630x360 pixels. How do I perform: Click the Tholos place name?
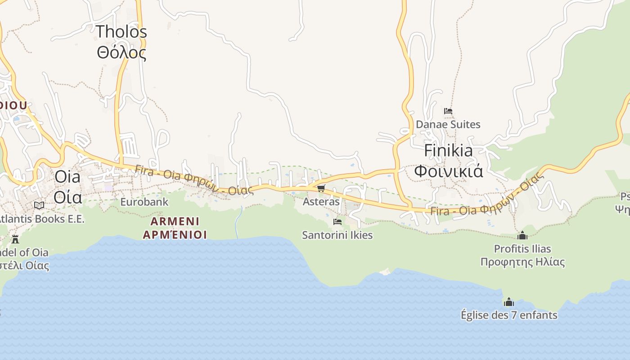121,31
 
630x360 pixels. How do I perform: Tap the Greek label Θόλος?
121,53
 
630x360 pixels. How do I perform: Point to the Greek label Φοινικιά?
448,171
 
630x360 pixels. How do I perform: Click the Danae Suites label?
448,124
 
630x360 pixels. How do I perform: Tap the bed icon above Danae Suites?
448,111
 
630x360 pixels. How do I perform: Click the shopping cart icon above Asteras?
321,188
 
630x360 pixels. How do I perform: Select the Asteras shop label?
321,202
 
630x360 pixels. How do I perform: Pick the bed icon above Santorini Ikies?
337,221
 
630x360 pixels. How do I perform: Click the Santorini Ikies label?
337,235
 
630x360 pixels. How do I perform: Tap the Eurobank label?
144,202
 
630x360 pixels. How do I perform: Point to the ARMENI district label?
175,221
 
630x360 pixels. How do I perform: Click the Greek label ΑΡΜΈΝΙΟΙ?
175,234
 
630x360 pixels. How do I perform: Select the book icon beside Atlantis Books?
39,205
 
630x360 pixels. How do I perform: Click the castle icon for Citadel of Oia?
15,238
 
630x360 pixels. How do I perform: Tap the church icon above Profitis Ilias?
522,235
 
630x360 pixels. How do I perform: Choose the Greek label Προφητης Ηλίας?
522,262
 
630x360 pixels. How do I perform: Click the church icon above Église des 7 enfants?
509,301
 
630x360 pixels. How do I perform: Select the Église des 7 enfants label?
509,315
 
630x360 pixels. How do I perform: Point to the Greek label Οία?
68,197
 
